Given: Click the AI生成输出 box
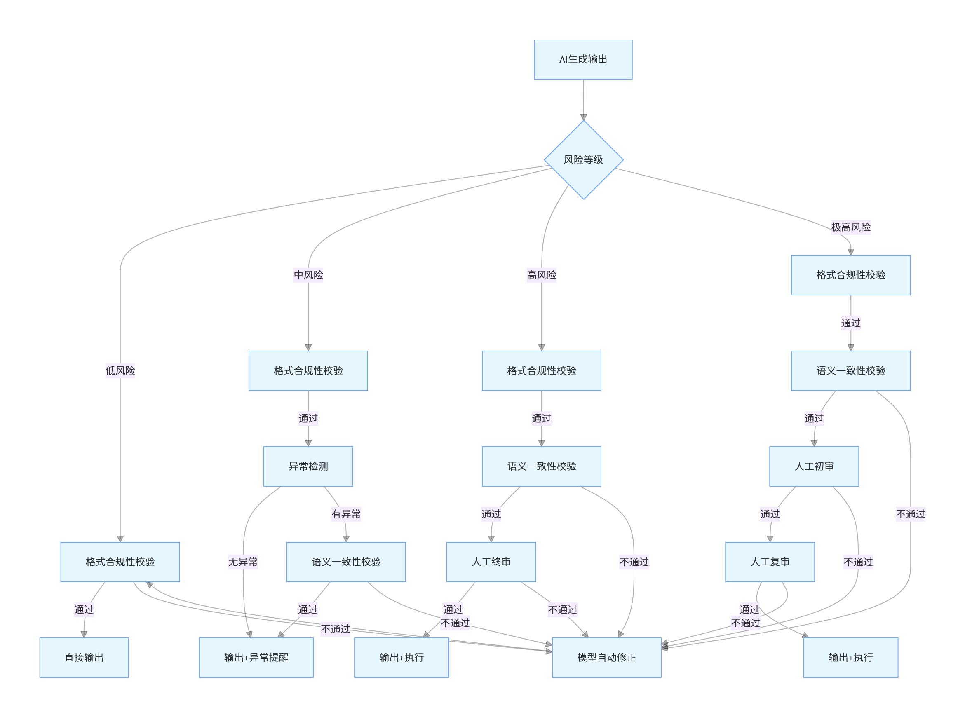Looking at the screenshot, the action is coord(583,59).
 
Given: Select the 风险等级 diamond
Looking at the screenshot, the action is coord(583,160).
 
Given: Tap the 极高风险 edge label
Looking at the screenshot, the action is coord(850,227).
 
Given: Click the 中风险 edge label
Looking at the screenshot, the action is coord(308,275).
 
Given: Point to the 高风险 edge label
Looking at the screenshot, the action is coord(541,275).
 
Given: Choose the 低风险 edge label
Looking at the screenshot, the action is coord(120,370).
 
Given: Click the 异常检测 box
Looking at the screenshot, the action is coord(308,466).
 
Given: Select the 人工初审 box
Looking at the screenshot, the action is coord(814,466).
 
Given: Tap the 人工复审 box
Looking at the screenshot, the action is coord(770,562).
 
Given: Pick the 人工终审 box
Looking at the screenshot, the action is coord(491,562).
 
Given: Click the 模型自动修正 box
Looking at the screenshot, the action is coord(606,657).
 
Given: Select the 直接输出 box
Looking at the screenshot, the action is coord(84,657).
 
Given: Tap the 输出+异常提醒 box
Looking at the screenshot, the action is coord(256,657).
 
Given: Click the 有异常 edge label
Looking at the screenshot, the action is coord(346,514).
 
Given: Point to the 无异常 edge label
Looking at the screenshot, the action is coord(243,562).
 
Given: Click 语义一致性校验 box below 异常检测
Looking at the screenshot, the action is coord(346,562).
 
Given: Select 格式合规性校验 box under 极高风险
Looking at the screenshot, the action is coord(850,275).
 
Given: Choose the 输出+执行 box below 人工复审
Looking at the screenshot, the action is coord(850,657).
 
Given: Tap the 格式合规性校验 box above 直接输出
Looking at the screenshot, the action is coord(120,562).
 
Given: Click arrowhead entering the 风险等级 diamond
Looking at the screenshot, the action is coord(583,117).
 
